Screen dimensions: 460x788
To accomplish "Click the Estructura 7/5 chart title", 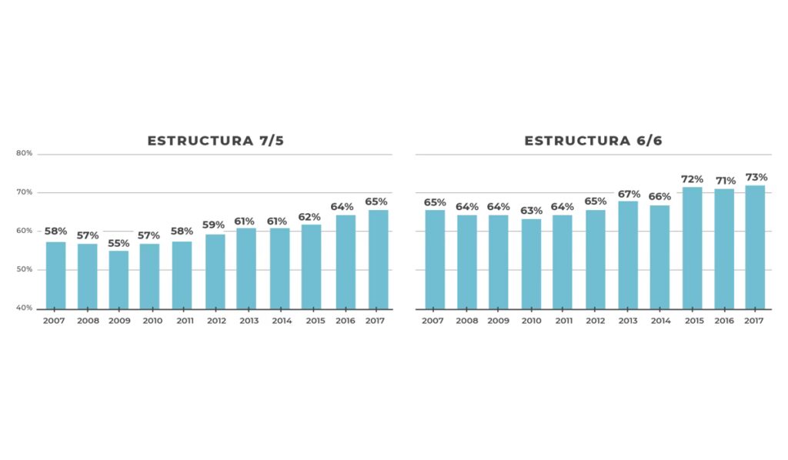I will (x=210, y=141).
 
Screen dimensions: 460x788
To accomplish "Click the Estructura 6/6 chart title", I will (x=593, y=141).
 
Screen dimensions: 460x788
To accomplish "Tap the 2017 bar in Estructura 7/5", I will (x=378, y=259).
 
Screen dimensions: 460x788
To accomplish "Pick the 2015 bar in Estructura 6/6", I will (x=692, y=248).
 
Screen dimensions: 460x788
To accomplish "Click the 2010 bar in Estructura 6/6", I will (x=531, y=264).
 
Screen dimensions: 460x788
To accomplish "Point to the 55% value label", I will (x=119, y=243).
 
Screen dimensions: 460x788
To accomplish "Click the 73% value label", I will (x=756, y=178).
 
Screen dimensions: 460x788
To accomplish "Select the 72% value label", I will (x=692, y=179).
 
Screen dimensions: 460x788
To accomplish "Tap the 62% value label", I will (x=311, y=217).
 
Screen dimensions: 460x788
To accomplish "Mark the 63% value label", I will (x=531, y=211).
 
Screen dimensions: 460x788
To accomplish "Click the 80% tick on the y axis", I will (x=24, y=153).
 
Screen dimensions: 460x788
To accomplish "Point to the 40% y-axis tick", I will (x=24, y=308).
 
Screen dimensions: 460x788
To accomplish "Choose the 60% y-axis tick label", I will (x=24, y=231).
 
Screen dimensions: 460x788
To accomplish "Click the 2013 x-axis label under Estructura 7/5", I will (x=249, y=321).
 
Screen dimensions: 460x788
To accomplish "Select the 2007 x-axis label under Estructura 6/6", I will (x=434, y=321).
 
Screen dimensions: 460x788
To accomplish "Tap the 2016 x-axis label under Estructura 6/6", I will (x=723, y=321).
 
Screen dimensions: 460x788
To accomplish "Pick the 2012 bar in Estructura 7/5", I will (x=215, y=272).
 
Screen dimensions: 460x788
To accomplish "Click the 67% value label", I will (x=628, y=194).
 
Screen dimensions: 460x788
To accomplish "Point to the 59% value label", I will (x=213, y=225).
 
